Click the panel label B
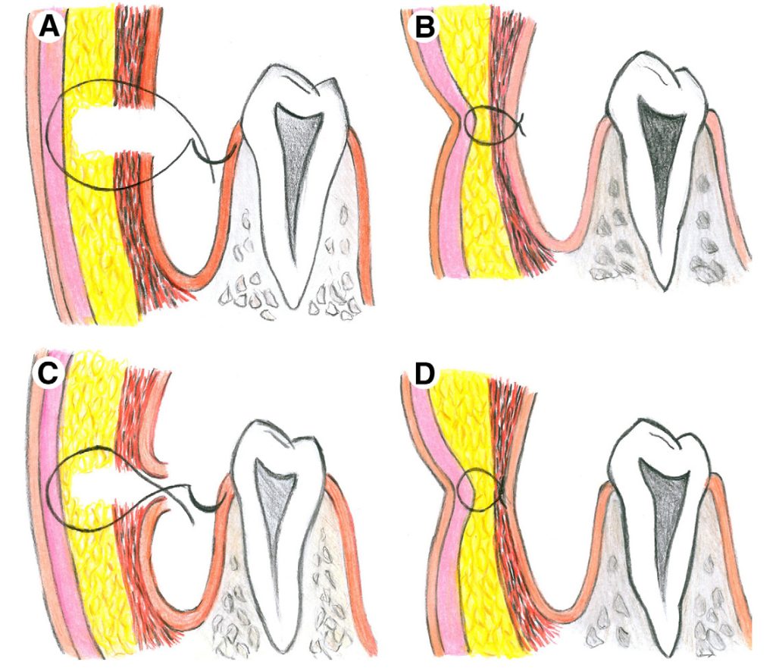pyautogui.click(x=424, y=27)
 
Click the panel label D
pyautogui.click(x=424, y=374)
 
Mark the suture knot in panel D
pyautogui.click(x=502, y=491)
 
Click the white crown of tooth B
pyautogui.click(x=659, y=79)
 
